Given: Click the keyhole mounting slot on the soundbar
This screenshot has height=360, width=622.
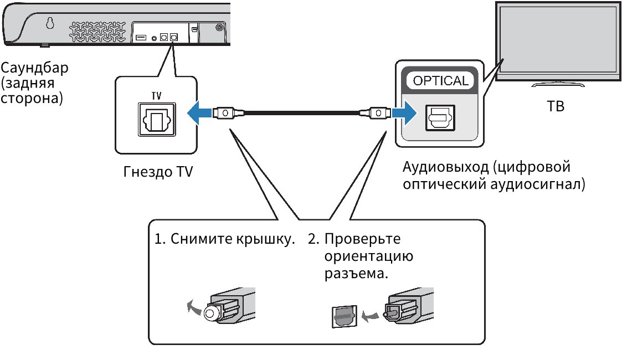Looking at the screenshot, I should [50, 24].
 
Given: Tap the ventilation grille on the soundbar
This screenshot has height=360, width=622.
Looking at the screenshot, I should [97, 32].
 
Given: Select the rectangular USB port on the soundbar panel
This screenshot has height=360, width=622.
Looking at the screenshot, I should [140, 38].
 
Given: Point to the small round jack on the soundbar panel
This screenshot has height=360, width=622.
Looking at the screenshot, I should [153, 38].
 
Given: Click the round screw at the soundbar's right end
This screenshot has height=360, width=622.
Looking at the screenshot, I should [220, 27].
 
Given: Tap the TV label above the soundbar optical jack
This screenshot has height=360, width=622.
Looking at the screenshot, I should [156, 96].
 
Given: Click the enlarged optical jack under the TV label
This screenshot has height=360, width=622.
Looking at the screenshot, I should [156, 120].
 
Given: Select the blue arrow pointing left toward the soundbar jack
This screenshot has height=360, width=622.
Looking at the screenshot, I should [198, 113].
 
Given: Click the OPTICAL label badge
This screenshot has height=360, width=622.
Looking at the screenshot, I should [440, 81].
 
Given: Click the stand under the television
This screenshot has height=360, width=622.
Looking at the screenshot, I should [558, 85].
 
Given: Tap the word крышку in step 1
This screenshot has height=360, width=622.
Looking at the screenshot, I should [268, 240].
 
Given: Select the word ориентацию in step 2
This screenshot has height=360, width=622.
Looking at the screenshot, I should [369, 257].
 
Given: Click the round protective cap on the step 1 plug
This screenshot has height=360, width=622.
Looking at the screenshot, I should [211, 313].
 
